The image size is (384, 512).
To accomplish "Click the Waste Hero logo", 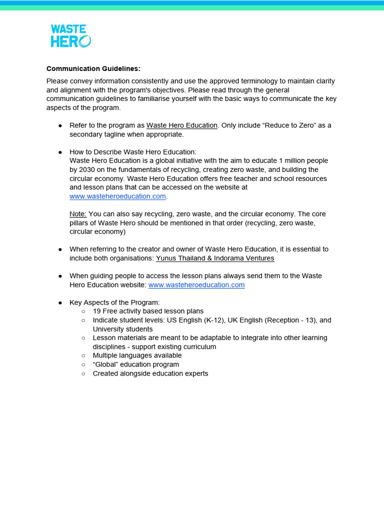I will tap(70, 36).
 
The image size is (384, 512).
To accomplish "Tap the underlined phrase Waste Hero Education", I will tap(182, 125).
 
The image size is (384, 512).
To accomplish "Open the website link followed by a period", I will tap(117, 196).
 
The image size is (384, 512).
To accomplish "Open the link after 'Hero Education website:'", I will tap(196, 285).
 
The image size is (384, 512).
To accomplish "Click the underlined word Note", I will tap(78, 214).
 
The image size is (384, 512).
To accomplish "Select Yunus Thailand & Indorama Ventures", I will tap(215, 258).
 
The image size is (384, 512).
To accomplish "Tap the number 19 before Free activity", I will tap(97, 311).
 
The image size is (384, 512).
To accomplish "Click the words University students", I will tap(122, 329).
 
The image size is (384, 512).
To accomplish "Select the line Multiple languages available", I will tap(137, 355).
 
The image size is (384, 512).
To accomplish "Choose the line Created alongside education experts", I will tap(150, 373).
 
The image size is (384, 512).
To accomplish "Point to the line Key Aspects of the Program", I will tap(114, 302).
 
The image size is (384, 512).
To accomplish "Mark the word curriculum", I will tap(199, 347).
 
